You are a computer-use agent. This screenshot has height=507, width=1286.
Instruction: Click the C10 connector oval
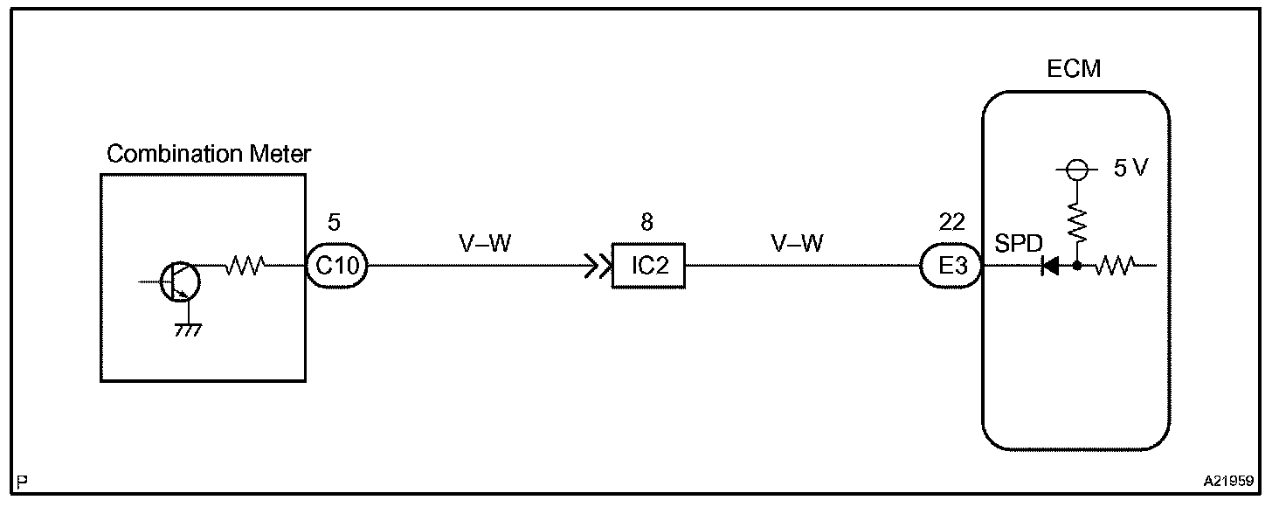(x=337, y=266)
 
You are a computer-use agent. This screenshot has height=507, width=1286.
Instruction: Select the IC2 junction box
(x=647, y=267)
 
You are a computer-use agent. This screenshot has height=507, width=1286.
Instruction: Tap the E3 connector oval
(x=952, y=267)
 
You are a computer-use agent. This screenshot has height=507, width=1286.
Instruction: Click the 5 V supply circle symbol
(x=1076, y=170)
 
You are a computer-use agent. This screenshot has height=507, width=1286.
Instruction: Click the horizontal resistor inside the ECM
(x=1116, y=266)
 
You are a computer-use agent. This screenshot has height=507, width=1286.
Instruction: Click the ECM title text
(x=1074, y=69)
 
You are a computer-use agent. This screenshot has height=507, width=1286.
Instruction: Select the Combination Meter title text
(x=208, y=155)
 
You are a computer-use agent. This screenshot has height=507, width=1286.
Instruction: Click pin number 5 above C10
(x=332, y=222)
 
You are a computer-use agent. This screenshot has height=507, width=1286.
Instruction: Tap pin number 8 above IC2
(x=646, y=222)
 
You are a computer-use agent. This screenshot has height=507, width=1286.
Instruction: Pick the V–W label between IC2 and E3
(x=796, y=244)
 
